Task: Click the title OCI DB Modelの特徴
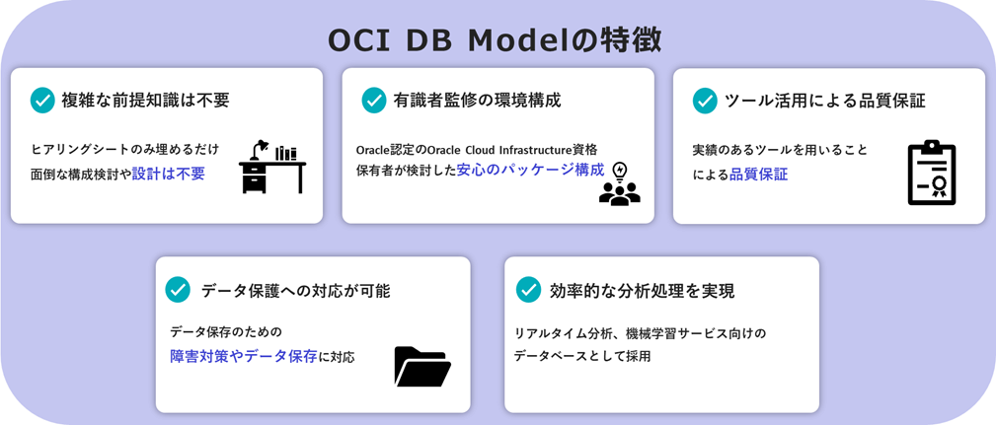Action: pyautogui.click(x=495, y=40)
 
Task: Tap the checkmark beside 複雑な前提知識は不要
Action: pyautogui.click(x=42, y=101)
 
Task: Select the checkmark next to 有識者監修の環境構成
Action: pyautogui.click(x=374, y=101)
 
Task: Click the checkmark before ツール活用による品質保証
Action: pyautogui.click(x=705, y=101)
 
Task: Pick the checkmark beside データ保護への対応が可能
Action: pyautogui.click(x=178, y=290)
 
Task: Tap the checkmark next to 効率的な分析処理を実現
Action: pyautogui.click(x=528, y=290)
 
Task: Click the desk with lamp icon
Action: pyautogui.click(x=272, y=167)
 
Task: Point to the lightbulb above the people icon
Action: pyautogui.click(x=619, y=172)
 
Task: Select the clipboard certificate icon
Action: pyautogui.click(x=932, y=174)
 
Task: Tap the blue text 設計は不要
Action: pyautogui.click(x=169, y=175)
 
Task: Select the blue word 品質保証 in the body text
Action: pyautogui.click(x=758, y=175)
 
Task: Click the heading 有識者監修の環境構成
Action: pyautogui.click(x=477, y=101)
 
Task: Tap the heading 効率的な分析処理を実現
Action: pyautogui.click(x=643, y=291)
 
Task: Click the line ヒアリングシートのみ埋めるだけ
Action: pyautogui.click(x=125, y=149)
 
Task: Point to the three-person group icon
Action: pyautogui.click(x=619, y=193)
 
